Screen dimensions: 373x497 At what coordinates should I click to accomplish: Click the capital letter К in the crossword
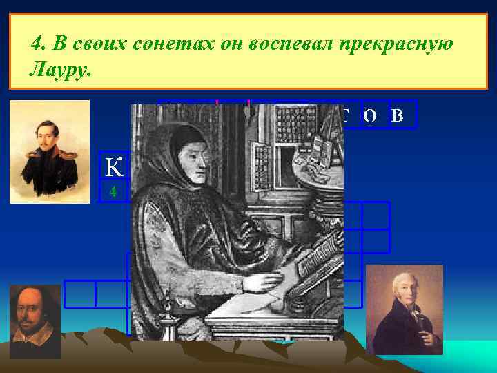(113, 167)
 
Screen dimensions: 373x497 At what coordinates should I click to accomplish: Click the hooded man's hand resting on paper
(266, 281)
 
